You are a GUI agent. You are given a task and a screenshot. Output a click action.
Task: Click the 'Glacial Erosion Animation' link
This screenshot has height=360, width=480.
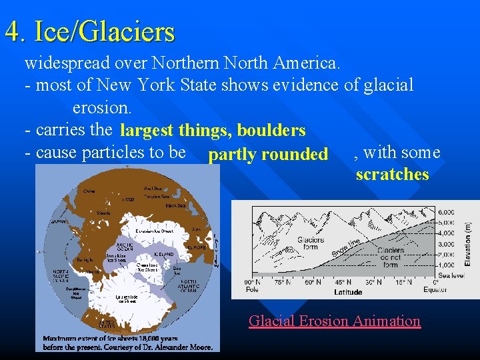[x=334, y=321]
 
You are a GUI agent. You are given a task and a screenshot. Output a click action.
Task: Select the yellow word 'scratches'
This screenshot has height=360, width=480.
[x=392, y=175]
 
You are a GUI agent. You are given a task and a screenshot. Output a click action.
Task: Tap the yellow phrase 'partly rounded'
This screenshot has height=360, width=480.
[x=268, y=155]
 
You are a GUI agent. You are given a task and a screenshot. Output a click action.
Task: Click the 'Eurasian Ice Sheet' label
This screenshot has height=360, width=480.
[x=154, y=231]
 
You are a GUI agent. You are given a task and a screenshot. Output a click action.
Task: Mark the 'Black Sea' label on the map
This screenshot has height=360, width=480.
[x=176, y=206]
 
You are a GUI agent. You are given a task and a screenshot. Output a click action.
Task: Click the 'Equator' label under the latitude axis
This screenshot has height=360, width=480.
[x=435, y=289]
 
